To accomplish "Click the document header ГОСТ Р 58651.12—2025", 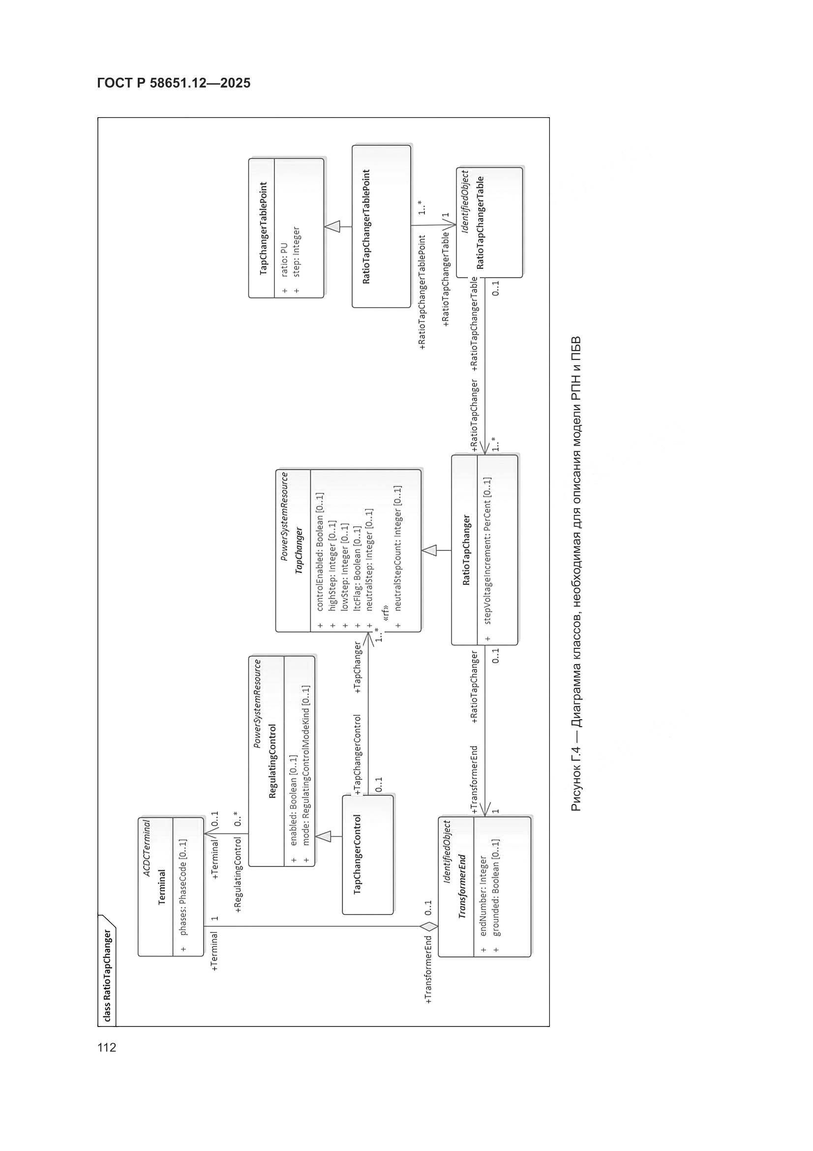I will [x=173, y=83].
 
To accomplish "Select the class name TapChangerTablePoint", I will [x=264, y=228].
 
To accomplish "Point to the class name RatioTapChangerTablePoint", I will [x=366, y=226].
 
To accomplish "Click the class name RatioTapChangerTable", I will [x=481, y=223].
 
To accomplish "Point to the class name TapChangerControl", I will [x=358, y=855].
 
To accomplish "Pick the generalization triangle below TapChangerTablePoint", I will [x=332, y=227].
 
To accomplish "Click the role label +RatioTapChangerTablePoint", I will [x=422, y=292].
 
